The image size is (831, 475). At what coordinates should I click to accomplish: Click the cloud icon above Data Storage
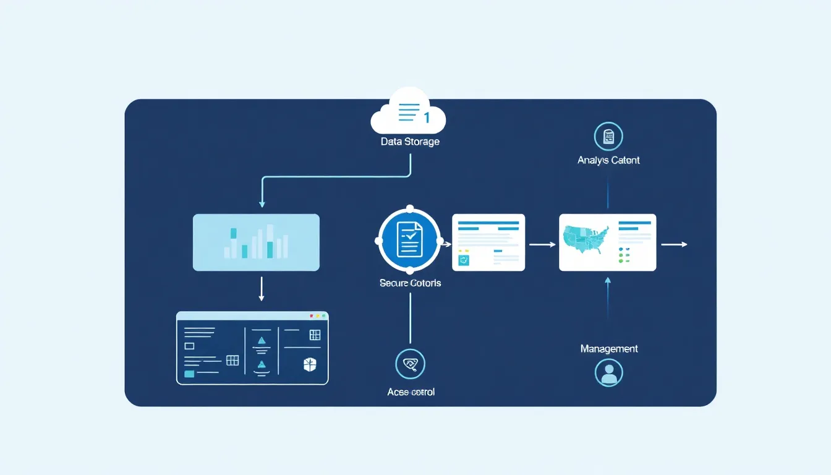tap(408, 112)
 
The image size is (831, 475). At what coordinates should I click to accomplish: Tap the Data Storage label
tap(410, 142)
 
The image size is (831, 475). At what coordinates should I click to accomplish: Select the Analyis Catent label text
tap(608, 160)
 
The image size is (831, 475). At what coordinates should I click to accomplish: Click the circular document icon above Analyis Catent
tap(608, 137)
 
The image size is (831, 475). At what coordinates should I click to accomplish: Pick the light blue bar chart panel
tap(256, 242)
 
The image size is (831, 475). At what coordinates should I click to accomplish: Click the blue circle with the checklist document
tap(409, 241)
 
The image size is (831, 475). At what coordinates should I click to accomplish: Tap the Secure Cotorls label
tap(410, 283)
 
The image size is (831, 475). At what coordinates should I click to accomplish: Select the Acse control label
tap(411, 392)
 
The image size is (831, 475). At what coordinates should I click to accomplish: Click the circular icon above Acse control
tap(410, 364)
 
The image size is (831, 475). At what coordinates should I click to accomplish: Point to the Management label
tap(609, 349)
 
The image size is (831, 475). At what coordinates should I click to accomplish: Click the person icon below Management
tap(608, 372)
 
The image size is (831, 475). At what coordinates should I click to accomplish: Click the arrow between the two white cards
tap(542, 244)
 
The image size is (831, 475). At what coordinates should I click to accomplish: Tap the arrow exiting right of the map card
tap(674, 244)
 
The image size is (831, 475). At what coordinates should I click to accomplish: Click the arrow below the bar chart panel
tap(262, 289)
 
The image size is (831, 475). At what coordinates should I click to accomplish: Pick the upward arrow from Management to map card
tap(608, 297)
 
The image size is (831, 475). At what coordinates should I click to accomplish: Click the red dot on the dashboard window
tap(311, 316)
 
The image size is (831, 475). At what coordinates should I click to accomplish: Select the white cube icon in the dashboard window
tap(310, 365)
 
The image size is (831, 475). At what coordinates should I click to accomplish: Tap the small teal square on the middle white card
tap(464, 260)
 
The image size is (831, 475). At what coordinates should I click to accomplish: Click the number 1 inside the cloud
tap(427, 116)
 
